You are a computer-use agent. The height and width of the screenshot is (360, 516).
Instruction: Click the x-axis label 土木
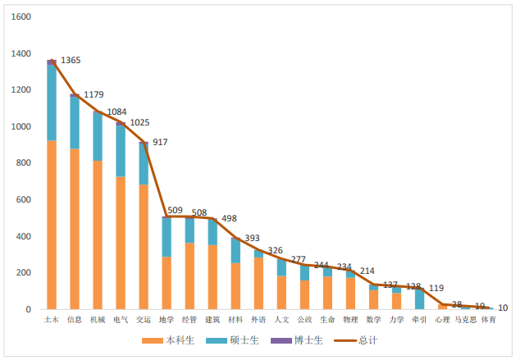point(51,320)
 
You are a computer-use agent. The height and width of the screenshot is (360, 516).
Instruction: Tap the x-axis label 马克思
point(465,320)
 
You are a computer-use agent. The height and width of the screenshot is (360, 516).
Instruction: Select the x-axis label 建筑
point(212,320)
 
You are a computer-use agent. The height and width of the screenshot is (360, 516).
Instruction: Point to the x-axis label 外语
point(258,320)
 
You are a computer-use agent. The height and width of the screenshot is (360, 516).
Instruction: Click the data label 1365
point(71,61)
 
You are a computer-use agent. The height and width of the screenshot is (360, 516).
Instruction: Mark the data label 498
point(231,219)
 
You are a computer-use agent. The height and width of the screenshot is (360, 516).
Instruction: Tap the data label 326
point(277,250)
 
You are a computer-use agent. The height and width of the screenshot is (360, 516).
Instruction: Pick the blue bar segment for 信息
point(75,123)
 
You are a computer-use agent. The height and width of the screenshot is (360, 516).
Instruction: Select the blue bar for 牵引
point(419,298)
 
